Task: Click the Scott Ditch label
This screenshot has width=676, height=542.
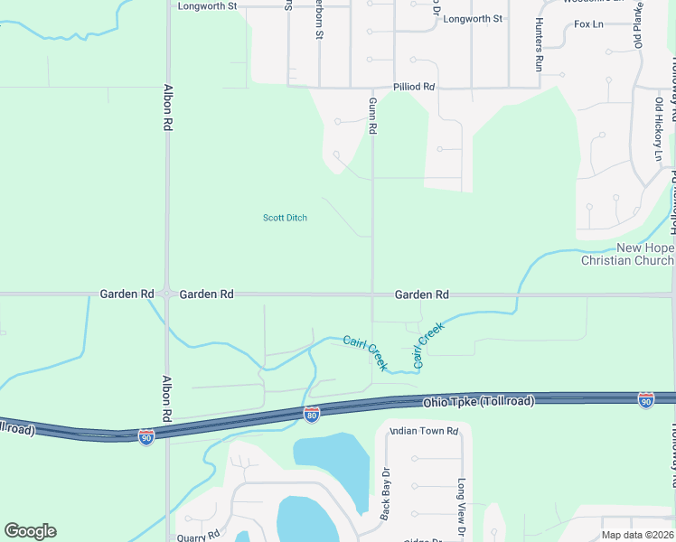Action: (285, 218)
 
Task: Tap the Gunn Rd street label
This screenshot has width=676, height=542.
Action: (371, 117)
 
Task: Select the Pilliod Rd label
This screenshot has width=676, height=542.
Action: (415, 87)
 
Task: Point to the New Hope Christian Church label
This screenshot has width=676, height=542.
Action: (626, 255)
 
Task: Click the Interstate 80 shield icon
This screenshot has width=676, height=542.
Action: (311, 415)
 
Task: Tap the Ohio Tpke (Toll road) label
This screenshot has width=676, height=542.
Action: (477, 401)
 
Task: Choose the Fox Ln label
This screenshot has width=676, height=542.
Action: (588, 23)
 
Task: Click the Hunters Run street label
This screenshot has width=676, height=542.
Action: (539, 44)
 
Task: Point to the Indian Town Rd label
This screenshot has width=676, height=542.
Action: (424, 431)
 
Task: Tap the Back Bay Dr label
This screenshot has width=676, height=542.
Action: (385, 493)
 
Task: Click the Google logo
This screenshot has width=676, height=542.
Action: (30, 531)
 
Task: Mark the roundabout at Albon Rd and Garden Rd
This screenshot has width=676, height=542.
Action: (167, 294)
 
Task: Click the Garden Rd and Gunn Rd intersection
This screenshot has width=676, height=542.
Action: (372, 294)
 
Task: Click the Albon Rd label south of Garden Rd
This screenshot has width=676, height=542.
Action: (166, 399)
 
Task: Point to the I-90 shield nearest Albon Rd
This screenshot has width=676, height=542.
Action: (146, 436)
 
